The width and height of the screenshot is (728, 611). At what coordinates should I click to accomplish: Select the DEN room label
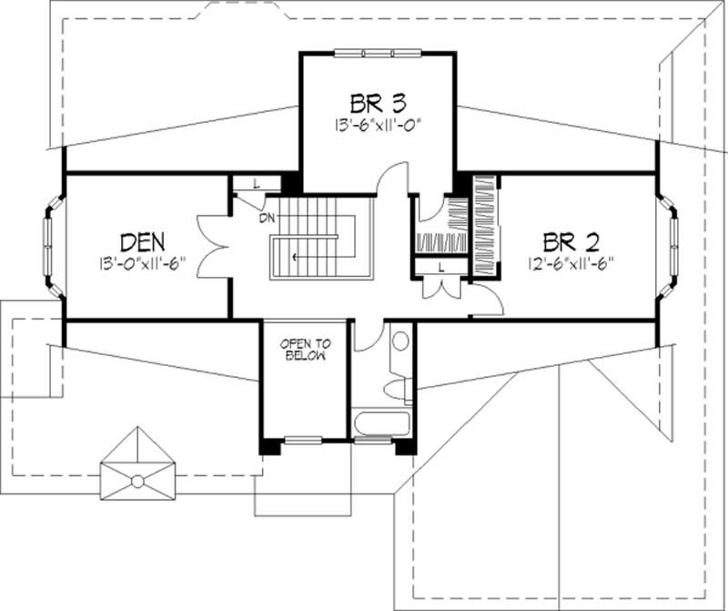pyautogui.click(x=142, y=241)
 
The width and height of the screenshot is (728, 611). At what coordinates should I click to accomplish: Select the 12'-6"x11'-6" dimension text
pyautogui.click(x=571, y=263)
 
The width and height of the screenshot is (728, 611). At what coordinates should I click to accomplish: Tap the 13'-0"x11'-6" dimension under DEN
pyautogui.click(x=142, y=263)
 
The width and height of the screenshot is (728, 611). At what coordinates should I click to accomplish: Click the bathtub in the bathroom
pyautogui.click(x=383, y=425)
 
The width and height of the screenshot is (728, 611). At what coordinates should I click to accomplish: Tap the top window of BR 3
pyautogui.click(x=378, y=53)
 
